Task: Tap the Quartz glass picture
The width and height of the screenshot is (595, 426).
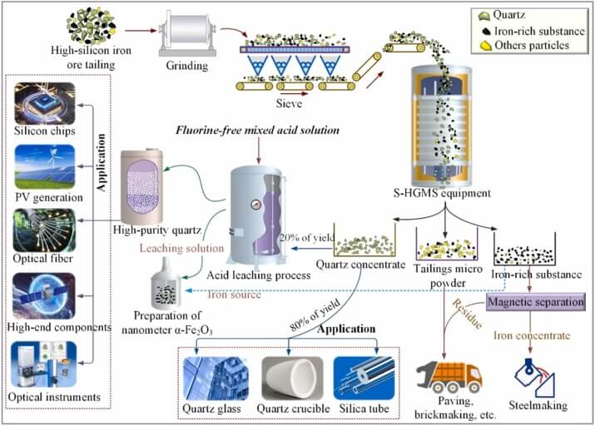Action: [218, 380]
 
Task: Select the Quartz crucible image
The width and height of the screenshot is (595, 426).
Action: [294, 380]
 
